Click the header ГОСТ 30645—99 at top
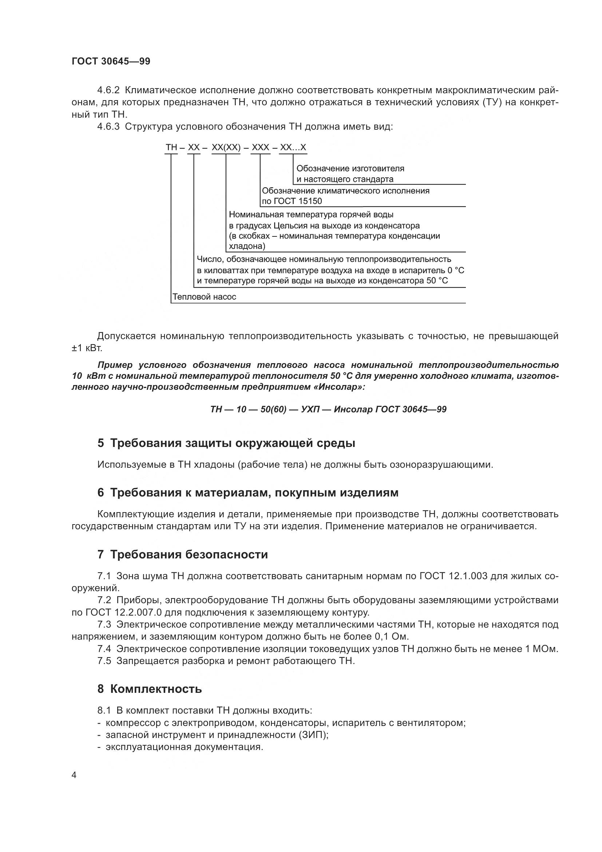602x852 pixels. tap(111, 62)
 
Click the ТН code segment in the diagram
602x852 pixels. tap(171, 148)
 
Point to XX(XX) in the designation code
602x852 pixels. tap(226, 148)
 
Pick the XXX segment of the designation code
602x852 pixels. tap(260, 148)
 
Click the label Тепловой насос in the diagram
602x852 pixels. tap(204, 297)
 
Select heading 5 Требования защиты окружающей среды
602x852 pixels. tap(226, 443)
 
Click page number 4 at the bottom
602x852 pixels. tap(74, 775)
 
